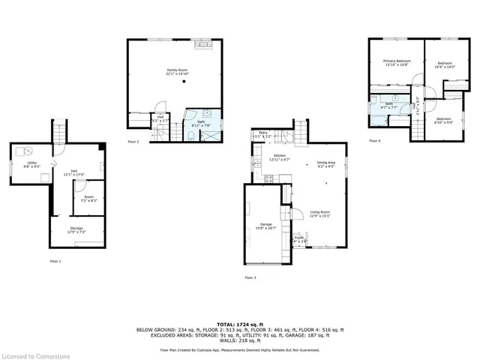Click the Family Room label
tap(177, 70)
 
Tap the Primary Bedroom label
tap(395, 61)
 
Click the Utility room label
tap(32, 162)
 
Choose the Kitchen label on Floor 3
tap(278, 156)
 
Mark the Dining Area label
tap(325, 162)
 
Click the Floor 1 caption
tap(55, 261)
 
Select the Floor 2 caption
tap(133, 141)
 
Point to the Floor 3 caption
tap(250, 277)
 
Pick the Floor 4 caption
tap(374, 141)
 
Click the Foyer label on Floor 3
tap(298, 238)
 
